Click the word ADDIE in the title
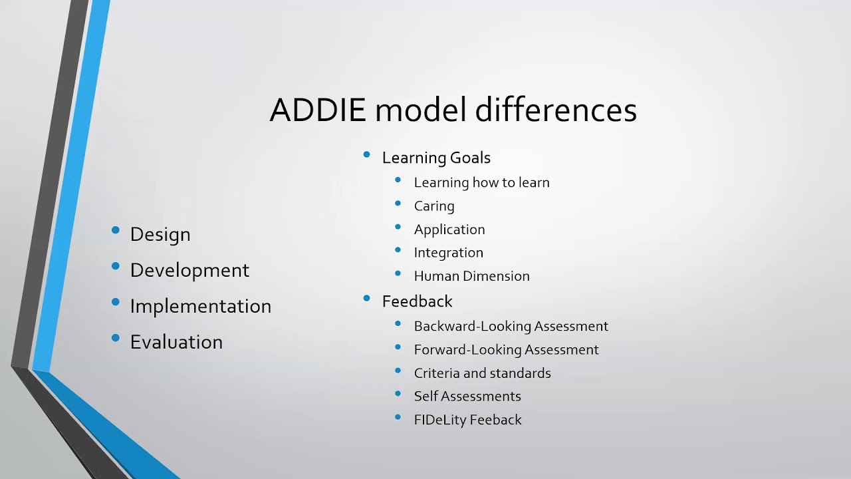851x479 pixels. pos(317,110)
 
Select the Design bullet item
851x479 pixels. pos(160,234)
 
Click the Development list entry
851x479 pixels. pos(189,270)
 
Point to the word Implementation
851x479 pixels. pos(200,306)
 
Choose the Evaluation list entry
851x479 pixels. pos(176,342)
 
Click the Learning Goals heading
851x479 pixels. pos(436,158)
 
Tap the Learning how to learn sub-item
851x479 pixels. pos(481,182)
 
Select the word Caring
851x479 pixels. pos(434,206)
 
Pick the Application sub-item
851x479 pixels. pos(449,230)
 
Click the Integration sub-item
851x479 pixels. pos(448,253)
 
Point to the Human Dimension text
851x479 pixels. pos(471,276)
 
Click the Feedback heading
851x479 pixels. pos(417,301)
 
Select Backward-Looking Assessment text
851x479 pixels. pos(511,326)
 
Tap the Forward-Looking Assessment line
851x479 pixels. pos(506,350)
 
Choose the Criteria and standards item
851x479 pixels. pos(482,373)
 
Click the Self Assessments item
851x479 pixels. pos(467,397)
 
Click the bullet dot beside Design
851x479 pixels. pos(116,231)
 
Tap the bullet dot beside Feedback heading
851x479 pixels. pos(366,299)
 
